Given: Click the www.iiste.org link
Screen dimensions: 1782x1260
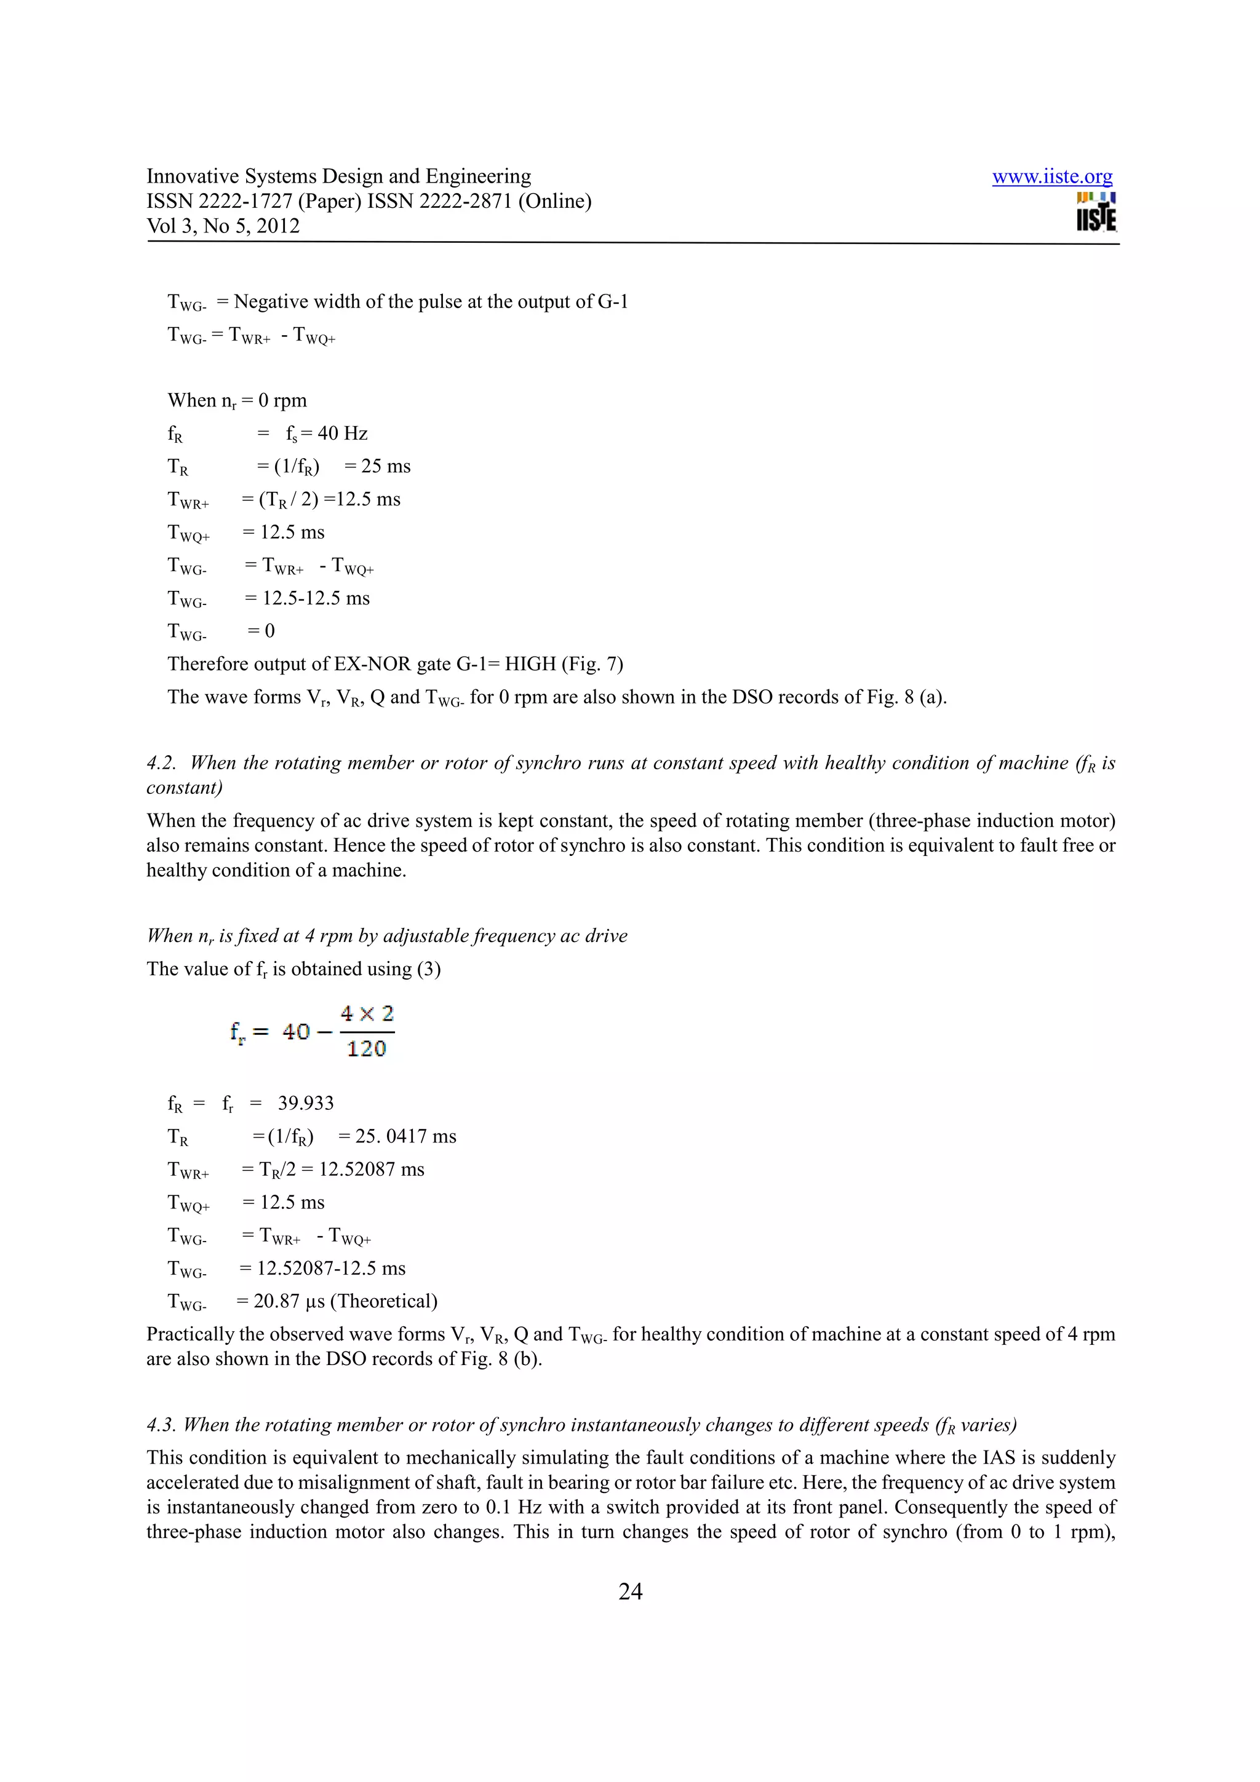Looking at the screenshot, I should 1052,177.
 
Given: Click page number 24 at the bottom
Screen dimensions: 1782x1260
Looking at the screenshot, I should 629,1592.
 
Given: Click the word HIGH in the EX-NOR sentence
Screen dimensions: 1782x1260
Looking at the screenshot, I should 530,664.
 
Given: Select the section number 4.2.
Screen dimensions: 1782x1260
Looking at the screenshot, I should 161,763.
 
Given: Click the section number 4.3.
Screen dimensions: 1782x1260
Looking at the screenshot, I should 161,1425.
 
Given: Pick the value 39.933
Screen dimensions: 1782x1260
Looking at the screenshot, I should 306,1104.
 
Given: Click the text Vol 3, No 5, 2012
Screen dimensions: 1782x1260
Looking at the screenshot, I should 223,226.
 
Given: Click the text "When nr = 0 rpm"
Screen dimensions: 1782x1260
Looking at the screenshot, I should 237,400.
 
